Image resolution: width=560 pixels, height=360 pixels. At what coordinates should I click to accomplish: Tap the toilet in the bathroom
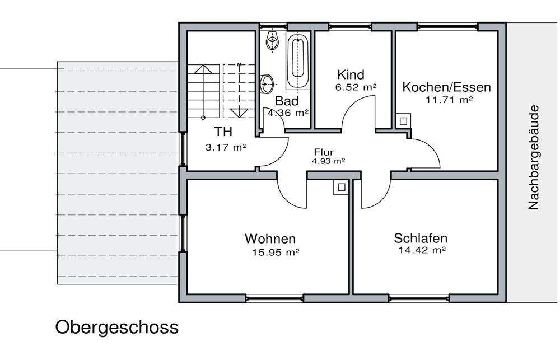tap(273, 41)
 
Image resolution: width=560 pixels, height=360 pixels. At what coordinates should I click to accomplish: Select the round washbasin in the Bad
tap(268, 84)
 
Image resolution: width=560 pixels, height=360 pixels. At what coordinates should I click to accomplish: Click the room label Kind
tap(351, 74)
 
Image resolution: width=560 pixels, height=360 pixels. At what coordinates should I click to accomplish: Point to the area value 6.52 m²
tap(356, 87)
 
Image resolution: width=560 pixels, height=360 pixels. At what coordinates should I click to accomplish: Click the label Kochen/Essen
tap(446, 87)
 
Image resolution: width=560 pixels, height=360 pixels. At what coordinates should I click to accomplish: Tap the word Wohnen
tap(270, 239)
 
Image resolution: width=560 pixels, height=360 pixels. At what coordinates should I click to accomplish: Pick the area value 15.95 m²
tap(276, 253)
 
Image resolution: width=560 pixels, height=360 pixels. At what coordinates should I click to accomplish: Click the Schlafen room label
tap(421, 238)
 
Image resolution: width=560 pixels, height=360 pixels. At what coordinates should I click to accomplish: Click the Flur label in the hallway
tap(324, 152)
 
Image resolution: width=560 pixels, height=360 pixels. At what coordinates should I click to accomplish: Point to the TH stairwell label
tap(224, 132)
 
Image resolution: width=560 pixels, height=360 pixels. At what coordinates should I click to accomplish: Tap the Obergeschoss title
tap(116, 327)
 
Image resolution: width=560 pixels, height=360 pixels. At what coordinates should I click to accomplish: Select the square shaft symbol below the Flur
tap(340, 187)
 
